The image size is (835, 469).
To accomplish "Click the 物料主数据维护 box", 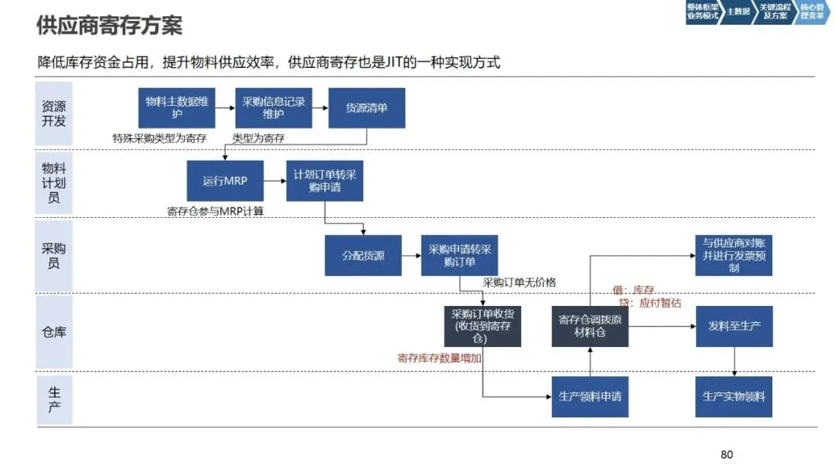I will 176,108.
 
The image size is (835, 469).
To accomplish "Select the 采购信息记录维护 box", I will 274,108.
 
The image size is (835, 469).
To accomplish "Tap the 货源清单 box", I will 366,108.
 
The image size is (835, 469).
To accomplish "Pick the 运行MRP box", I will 224,181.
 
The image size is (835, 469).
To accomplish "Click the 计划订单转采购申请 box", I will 325,181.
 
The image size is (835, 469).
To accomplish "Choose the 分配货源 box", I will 363,255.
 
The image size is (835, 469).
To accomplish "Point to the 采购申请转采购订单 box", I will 459,255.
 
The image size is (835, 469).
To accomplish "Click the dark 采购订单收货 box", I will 482,326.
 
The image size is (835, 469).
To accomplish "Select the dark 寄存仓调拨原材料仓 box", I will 589,326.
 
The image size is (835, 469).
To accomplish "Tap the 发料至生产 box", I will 734,326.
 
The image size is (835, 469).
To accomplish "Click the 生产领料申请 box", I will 589,396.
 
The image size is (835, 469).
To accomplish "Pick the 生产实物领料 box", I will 734,396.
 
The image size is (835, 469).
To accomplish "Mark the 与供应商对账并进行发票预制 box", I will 734,255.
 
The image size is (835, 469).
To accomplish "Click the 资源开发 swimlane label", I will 54,114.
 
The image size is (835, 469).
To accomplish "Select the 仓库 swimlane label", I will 54,332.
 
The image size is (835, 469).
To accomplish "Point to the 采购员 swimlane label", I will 54,256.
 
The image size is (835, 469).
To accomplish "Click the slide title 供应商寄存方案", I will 110,25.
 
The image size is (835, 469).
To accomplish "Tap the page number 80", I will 727,454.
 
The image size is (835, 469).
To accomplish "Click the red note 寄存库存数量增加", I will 439,358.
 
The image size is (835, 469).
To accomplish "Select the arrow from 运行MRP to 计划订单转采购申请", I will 274,181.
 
